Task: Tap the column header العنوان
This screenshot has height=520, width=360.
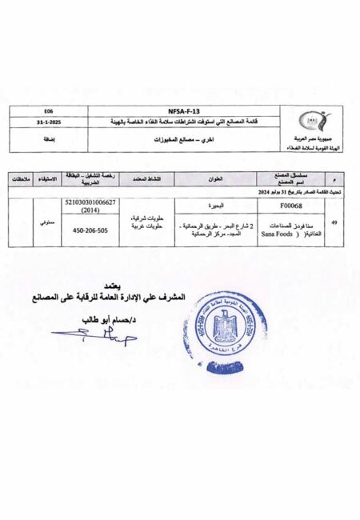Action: [210, 179]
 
